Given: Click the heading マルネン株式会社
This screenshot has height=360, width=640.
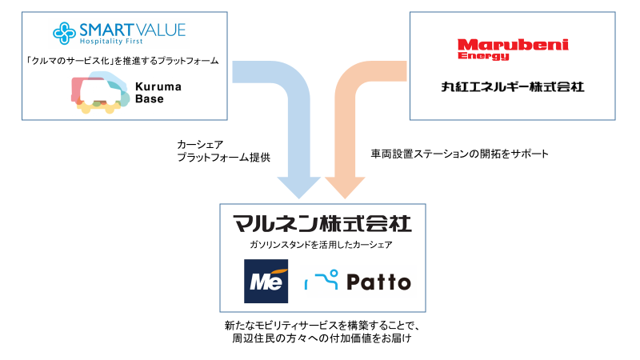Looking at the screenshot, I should (322, 222).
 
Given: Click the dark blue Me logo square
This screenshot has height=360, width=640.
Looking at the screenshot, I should (267, 282).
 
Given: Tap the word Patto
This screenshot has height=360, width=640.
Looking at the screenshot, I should (380, 282).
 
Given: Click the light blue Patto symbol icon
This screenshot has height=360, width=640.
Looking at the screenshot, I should (323, 280).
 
